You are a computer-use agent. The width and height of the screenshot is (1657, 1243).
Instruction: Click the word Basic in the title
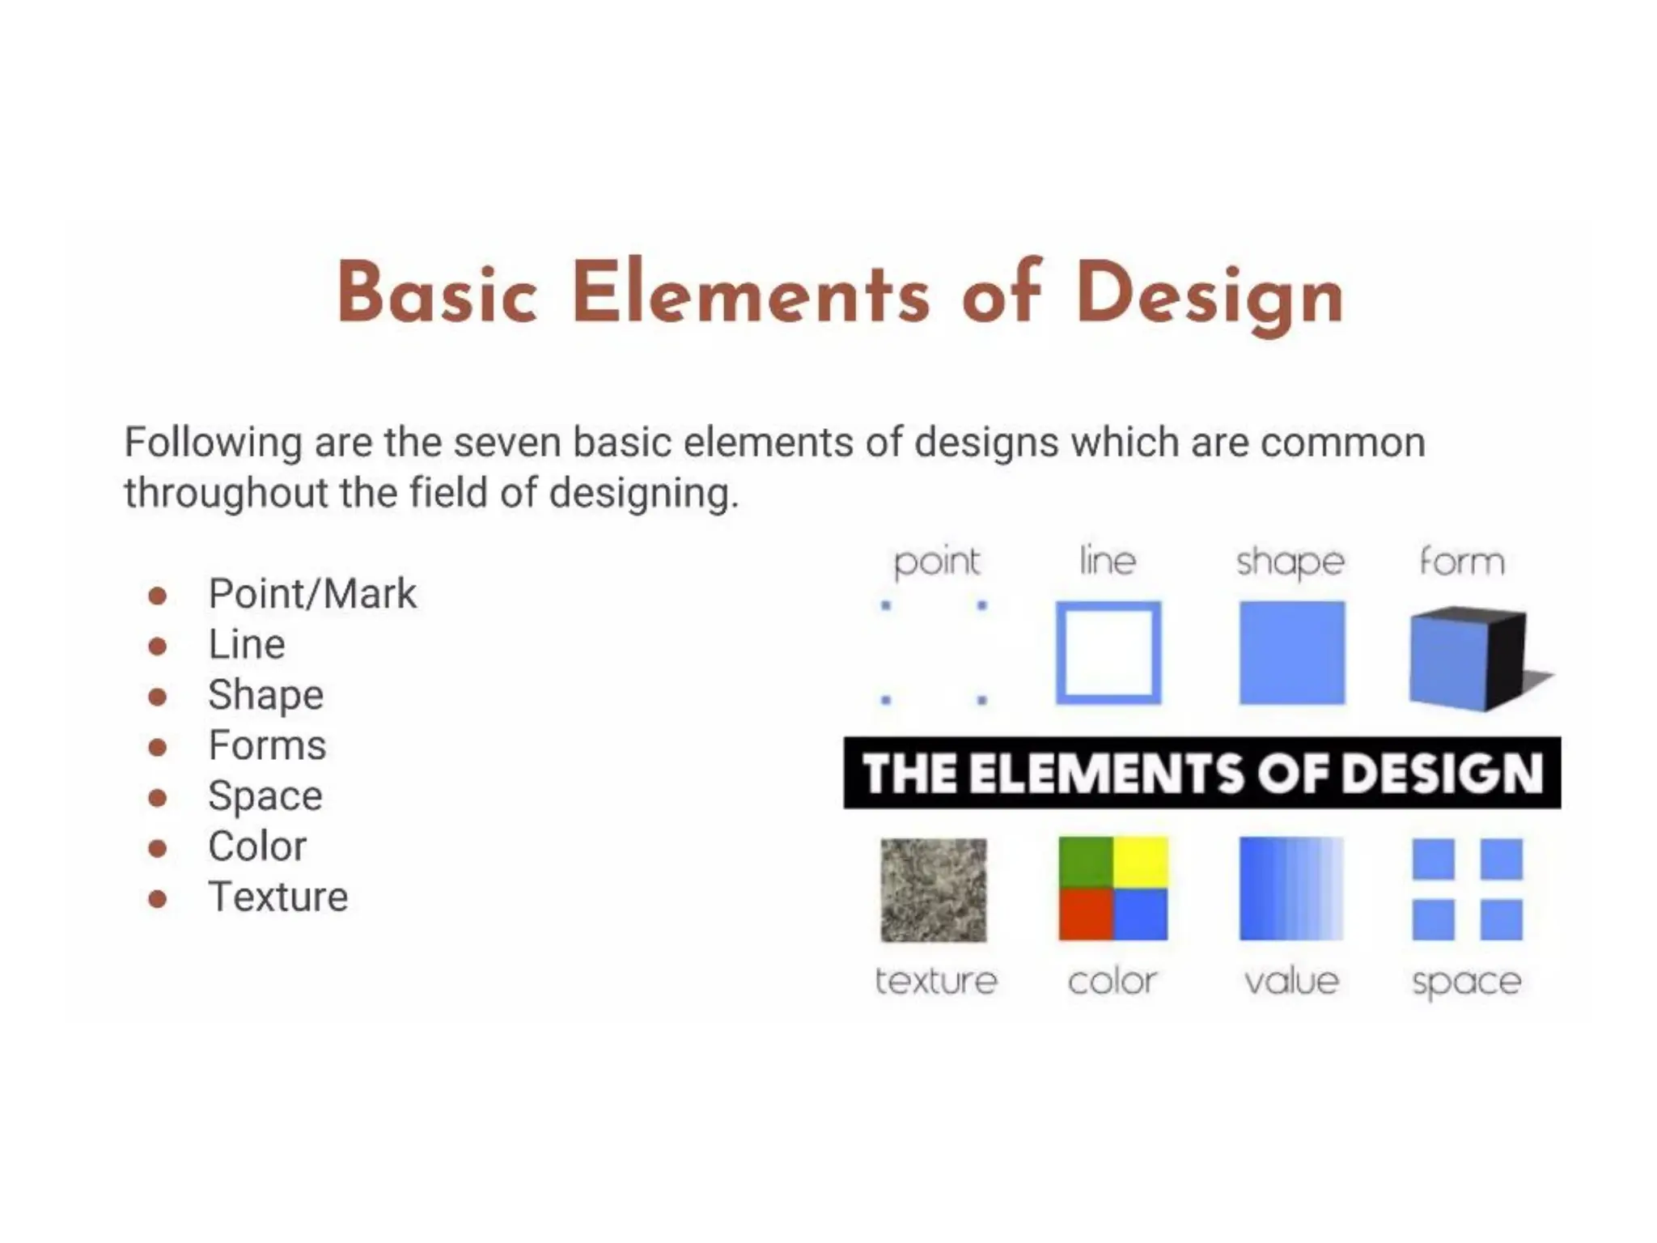437,293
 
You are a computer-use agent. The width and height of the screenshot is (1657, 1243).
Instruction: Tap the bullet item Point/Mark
312,594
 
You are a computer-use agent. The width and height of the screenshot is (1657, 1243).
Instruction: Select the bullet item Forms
267,745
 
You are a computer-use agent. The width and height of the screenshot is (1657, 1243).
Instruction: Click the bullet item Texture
278,897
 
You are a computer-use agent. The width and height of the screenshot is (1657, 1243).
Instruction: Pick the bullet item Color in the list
257,846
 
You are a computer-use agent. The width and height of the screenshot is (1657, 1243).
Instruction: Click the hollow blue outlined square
1108,652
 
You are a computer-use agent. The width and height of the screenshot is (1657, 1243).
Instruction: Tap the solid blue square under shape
1291,652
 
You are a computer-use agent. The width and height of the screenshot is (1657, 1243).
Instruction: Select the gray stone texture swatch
934,889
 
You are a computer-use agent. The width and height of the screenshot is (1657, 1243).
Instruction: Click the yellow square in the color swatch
1140,862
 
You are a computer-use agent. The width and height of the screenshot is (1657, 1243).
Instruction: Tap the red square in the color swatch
1086,914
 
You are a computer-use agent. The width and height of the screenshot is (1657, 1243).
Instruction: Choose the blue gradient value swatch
1291,889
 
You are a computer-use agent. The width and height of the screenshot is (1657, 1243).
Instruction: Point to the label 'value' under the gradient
1291,982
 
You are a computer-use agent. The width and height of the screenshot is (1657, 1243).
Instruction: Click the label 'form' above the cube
1462,562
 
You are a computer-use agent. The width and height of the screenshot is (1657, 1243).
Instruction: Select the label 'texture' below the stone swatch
936,982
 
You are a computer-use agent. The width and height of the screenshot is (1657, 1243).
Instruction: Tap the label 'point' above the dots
936,562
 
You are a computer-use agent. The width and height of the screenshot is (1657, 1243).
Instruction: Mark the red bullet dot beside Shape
158,697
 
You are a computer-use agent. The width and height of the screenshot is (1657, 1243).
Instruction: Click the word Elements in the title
751,293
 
